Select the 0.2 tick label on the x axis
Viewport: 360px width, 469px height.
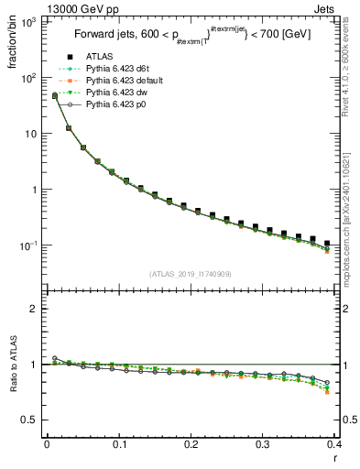[x=191, y=445]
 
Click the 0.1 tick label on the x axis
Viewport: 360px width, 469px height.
[x=118, y=445]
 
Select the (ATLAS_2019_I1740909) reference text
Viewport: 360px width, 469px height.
[x=191, y=274]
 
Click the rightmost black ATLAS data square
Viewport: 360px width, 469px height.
[x=327, y=244]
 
